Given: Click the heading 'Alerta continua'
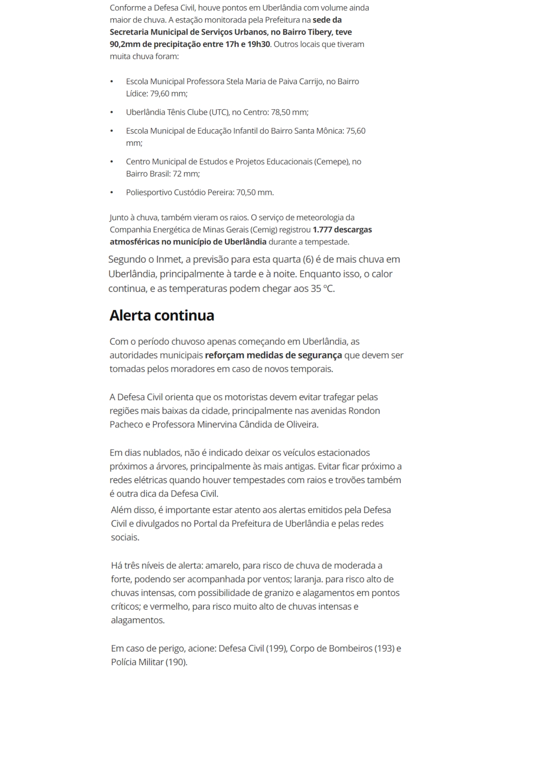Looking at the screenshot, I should [162, 315].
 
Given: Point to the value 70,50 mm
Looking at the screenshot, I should [254, 192].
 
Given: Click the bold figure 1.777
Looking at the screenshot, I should [322, 230].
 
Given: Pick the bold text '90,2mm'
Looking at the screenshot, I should [125, 44].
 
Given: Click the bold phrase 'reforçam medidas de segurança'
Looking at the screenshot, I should [273, 355].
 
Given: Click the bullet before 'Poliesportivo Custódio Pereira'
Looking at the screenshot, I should [112, 193].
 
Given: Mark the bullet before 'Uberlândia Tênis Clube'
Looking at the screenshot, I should [112, 113].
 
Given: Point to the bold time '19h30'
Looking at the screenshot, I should [259, 44].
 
